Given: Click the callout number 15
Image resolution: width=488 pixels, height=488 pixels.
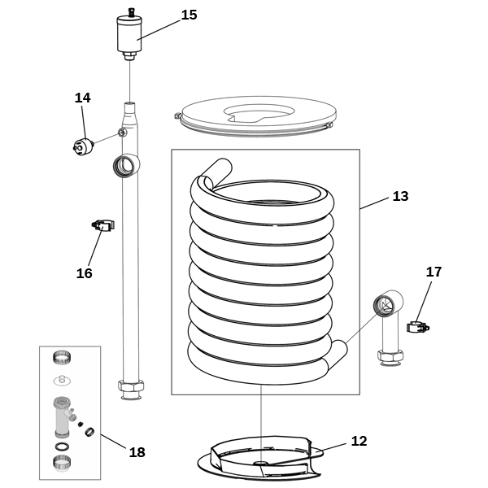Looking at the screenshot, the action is [189, 15].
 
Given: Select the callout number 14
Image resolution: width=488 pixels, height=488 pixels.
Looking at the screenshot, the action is [82, 98].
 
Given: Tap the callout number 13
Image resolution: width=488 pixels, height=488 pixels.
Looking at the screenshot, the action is [400, 196].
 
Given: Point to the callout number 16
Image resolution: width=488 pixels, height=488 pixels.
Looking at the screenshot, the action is [84, 273].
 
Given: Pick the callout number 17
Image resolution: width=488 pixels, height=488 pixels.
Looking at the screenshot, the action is [434, 272].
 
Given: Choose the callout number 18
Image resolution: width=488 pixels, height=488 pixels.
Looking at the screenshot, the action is [137, 452].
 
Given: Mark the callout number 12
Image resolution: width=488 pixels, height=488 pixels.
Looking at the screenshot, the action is [359, 441].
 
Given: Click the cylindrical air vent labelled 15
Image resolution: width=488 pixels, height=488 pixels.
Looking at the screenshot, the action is [129, 34].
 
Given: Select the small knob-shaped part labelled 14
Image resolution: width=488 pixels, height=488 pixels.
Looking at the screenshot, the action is [83, 146].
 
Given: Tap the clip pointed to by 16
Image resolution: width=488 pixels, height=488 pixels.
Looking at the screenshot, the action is [103, 225].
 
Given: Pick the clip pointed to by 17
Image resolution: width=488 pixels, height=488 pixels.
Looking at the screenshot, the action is [418, 327].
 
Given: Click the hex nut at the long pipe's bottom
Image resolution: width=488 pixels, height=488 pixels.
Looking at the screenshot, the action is [131, 386].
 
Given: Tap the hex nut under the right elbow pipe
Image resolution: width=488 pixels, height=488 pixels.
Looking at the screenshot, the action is [390, 355].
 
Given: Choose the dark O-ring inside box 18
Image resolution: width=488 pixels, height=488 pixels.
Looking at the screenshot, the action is [63, 447].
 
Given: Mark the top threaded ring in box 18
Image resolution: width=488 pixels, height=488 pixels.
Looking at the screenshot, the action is [62, 357].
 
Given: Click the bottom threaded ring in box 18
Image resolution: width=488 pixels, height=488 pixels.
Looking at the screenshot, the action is [62, 462].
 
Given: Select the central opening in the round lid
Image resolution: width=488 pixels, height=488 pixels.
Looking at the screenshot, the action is [259, 113].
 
